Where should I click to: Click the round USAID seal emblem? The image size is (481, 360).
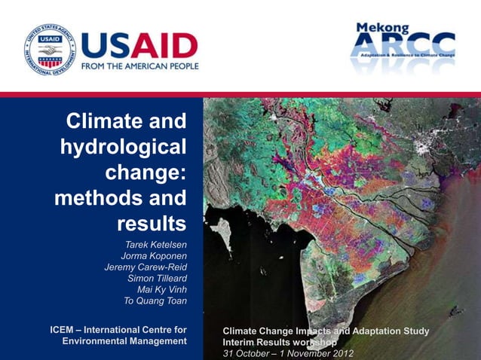click(x=49, y=50)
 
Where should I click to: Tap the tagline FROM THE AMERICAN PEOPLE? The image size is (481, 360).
click(x=139, y=66)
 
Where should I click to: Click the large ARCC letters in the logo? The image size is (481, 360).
click(x=403, y=47)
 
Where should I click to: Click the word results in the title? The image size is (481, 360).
click(x=152, y=224)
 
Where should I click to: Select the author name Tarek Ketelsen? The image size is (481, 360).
click(x=156, y=245)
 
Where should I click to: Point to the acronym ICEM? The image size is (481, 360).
click(x=64, y=330)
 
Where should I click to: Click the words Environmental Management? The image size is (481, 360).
click(x=124, y=342)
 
